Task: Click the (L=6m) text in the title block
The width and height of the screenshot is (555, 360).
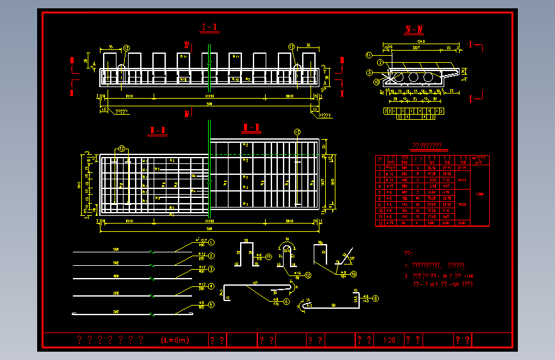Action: coord(175,340)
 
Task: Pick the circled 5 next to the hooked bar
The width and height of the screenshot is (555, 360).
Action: coord(211,306)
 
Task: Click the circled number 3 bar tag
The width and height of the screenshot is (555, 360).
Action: coord(211,269)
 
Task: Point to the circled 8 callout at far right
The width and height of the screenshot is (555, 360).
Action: coord(375,298)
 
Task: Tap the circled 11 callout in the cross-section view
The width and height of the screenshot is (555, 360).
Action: coord(369,55)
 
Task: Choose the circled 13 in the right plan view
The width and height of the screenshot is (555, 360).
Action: coord(297,133)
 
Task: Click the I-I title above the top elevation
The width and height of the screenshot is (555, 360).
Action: coord(209,28)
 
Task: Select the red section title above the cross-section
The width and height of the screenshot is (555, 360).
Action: coord(414,29)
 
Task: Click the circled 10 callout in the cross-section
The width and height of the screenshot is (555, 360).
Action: coord(376,82)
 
